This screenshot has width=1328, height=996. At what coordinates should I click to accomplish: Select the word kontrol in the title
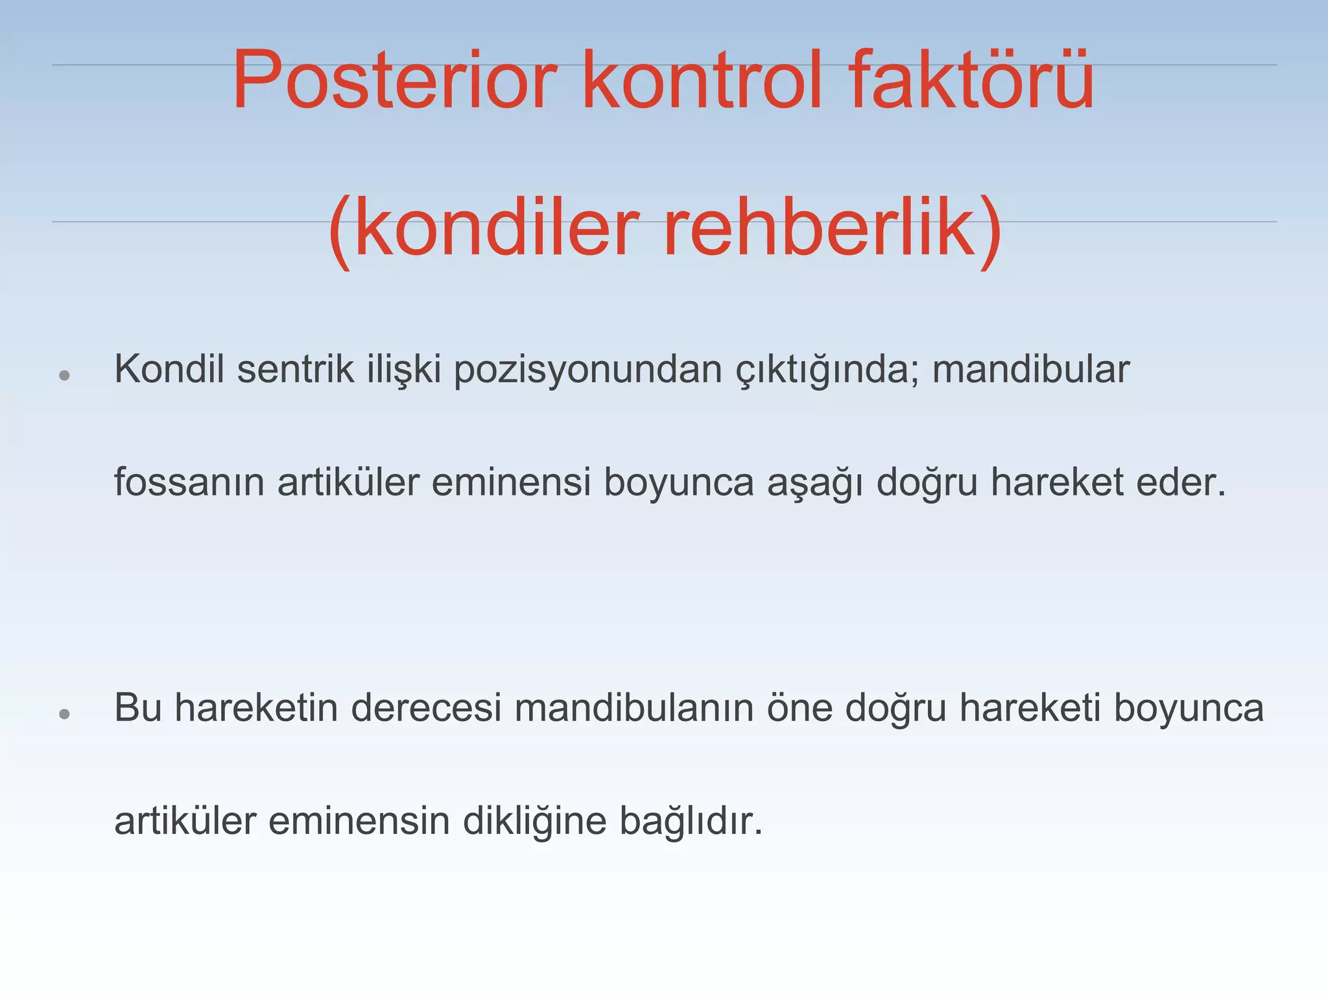click(x=702, y=80)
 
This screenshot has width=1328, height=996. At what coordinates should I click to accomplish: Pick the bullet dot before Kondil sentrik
click(x=64, y=375)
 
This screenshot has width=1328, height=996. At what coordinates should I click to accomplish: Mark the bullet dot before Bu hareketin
click(x=64, y=714)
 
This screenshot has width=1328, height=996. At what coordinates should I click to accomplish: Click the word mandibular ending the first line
click(x=1031, y=370)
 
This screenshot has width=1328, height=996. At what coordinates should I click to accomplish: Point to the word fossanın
click(x=189, y=482)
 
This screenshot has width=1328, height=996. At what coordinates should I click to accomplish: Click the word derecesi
click(x=426, y=708)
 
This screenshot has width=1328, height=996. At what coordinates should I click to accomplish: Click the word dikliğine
click(x=534, y=822)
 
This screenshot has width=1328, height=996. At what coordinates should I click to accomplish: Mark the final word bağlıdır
click(x=691, y=822)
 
